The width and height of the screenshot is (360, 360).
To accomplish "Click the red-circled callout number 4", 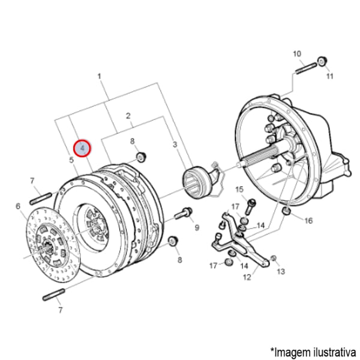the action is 82,148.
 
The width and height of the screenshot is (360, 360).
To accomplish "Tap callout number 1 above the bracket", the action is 100,76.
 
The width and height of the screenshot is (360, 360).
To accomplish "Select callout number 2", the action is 128,116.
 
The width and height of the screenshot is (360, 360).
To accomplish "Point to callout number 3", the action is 175,145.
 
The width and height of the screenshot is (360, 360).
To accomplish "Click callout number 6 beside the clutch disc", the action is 18,206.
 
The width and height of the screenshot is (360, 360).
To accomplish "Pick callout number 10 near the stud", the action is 297,54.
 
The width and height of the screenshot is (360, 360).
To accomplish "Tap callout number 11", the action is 330,76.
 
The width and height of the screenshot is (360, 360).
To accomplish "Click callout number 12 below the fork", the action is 247,277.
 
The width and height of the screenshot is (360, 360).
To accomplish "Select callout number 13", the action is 281,272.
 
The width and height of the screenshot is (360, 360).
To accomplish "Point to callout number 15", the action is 239,190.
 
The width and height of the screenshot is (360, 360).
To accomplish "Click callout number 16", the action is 308,221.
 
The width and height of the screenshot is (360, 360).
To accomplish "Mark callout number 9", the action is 197,227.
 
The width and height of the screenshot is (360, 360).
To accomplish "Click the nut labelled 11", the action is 322,61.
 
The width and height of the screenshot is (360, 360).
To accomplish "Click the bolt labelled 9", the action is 184,213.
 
